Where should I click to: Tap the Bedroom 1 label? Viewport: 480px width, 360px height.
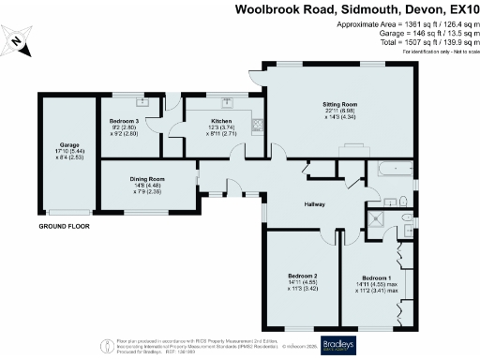coord(376,278)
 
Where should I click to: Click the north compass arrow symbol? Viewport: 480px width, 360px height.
coord(21,42)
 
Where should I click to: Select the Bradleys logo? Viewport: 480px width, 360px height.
coord(338,342)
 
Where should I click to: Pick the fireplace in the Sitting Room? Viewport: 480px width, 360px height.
coord(353,149)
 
